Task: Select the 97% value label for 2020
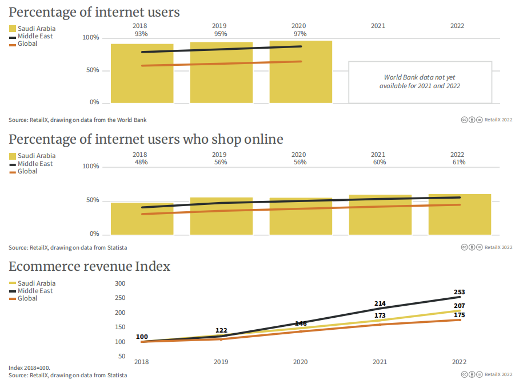click(299, 34)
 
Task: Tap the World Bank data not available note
click(420, 81)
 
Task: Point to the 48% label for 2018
click(141, 162)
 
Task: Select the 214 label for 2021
click(380, 303)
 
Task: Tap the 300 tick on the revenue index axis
click(120, 283)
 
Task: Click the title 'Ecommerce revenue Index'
click(90, 266)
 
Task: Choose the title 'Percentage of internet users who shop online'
click(146, 139)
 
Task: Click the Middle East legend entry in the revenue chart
click(35, 291)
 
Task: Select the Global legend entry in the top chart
click(27, 44)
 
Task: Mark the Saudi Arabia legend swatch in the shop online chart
click(12, 156)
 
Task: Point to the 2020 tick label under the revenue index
click(300, 362)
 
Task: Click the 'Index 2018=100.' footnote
click(29, 368)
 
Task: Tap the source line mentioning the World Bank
click(78, 120)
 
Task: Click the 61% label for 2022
click(458, 162)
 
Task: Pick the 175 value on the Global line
click(459, 315)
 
